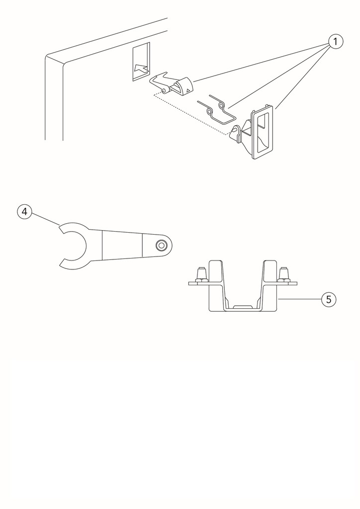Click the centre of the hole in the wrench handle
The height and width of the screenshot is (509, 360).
pos(161,246)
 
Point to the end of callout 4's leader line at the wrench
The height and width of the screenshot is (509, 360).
pos(59,225)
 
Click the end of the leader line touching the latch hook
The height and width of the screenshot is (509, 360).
pos(193,81)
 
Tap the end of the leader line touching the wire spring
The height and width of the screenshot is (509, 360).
pos(228,108)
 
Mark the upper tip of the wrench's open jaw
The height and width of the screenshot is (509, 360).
pos(59,228)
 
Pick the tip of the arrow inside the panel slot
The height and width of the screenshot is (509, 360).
pos(134,69)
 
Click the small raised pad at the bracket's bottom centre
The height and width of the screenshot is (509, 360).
pos(243,306)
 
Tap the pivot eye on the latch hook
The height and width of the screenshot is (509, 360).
pos(164,90)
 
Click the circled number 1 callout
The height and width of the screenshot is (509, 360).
pos(336,42)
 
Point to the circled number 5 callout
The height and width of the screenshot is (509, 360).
pos(329,299)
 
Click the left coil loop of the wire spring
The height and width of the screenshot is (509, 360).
pos(209,112)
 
